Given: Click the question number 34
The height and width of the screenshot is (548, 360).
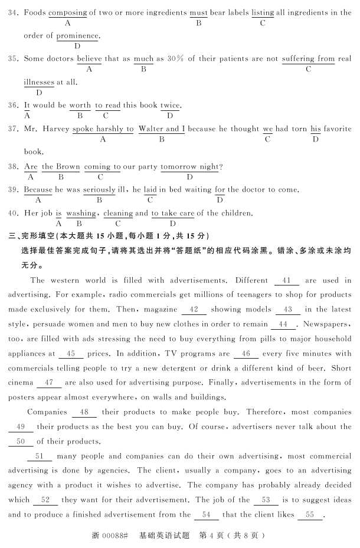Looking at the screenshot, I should coord(13,12).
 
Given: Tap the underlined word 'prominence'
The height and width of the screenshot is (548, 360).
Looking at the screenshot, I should coord(77,35).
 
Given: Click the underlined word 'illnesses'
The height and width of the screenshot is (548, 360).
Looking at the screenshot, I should coord(38,82).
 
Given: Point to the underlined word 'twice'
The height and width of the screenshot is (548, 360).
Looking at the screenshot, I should coord(170,105).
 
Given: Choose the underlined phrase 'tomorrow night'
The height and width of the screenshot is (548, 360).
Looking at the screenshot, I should coord(189,167).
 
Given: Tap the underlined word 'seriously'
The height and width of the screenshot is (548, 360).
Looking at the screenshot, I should coord(99,190).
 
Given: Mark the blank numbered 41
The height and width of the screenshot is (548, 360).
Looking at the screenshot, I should coord(287,280).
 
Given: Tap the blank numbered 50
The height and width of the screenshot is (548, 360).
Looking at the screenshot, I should coord(21,441).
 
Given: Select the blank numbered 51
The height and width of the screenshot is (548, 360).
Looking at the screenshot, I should coord(40,456).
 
